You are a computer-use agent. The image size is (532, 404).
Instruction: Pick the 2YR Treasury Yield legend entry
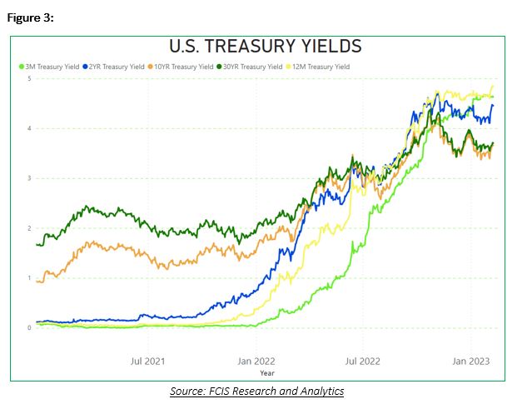coord(118,67)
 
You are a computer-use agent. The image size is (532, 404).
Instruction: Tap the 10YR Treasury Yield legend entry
coord(185,67)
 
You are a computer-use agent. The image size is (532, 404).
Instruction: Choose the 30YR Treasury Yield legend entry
coord(253,67)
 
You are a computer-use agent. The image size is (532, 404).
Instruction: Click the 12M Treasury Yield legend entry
coord(321,67)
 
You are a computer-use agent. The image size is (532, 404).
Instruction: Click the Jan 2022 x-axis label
coord(256,362)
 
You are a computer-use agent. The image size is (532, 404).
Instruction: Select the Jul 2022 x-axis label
coord(363,362)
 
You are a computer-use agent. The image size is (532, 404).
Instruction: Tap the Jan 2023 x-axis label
coord(470,362)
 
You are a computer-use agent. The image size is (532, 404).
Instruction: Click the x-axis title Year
coord(265,373)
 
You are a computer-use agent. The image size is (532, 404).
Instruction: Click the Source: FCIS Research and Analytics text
coord(256,391)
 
